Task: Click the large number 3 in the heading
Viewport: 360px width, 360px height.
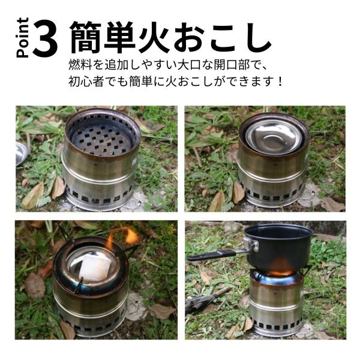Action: click(45, 38)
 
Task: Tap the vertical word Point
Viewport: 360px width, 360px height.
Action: click(23, 37)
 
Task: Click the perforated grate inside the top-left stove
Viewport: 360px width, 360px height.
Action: click(101, 139)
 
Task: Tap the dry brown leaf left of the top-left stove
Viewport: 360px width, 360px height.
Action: click(34, 196)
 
